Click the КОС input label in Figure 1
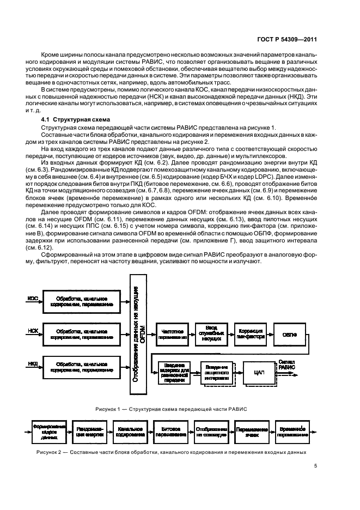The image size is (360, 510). coord(33,298)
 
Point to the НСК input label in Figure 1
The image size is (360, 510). coord(33,330)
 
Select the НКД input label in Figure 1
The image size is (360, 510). coord(33,363)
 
